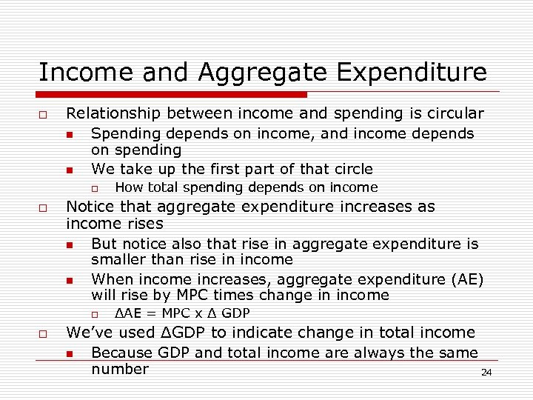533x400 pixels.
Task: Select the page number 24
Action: pyautogui.click(x=486, y=373)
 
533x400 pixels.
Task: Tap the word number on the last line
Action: pyautogui.click(x=119, y=369)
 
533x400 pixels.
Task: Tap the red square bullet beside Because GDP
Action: pyautogui.click(x=70, y=354)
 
